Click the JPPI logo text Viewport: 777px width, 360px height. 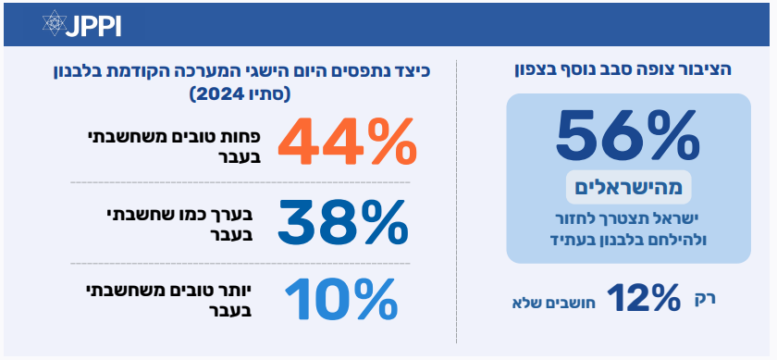coord(93,26)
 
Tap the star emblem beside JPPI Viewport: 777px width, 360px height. coord(54,23)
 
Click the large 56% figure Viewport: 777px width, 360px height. coord(628,135)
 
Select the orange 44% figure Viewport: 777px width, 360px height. coord(346,141)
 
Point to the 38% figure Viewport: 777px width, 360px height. coord(342,223)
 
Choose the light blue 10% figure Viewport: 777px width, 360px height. coord(341,300)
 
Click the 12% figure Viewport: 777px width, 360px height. coord(644,298)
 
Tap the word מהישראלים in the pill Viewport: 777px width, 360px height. coord(628,188)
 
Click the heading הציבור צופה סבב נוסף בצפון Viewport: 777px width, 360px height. coord(623,70)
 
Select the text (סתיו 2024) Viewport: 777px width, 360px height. coord(240,94)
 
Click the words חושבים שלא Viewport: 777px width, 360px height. coord(553,303)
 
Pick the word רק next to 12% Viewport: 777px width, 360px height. coord(705,299)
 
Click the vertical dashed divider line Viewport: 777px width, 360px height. coord(456,202)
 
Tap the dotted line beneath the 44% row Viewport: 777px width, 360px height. coord(240,182)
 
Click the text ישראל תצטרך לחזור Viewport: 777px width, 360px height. coord(628,218)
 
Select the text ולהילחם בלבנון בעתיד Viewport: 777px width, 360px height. coord(628,240)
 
